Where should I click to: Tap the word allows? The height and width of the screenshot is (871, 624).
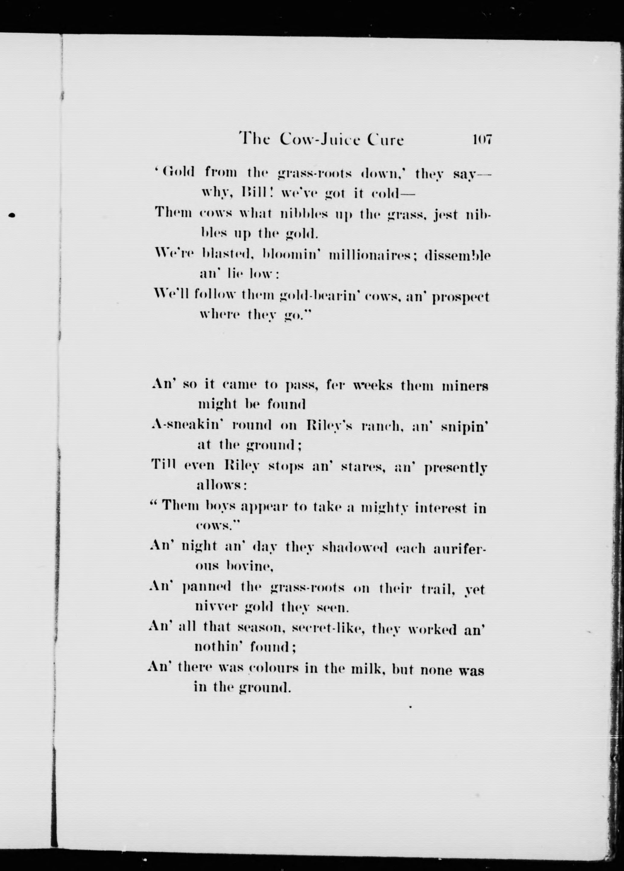pyautogui.click(x=221, y=486)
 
